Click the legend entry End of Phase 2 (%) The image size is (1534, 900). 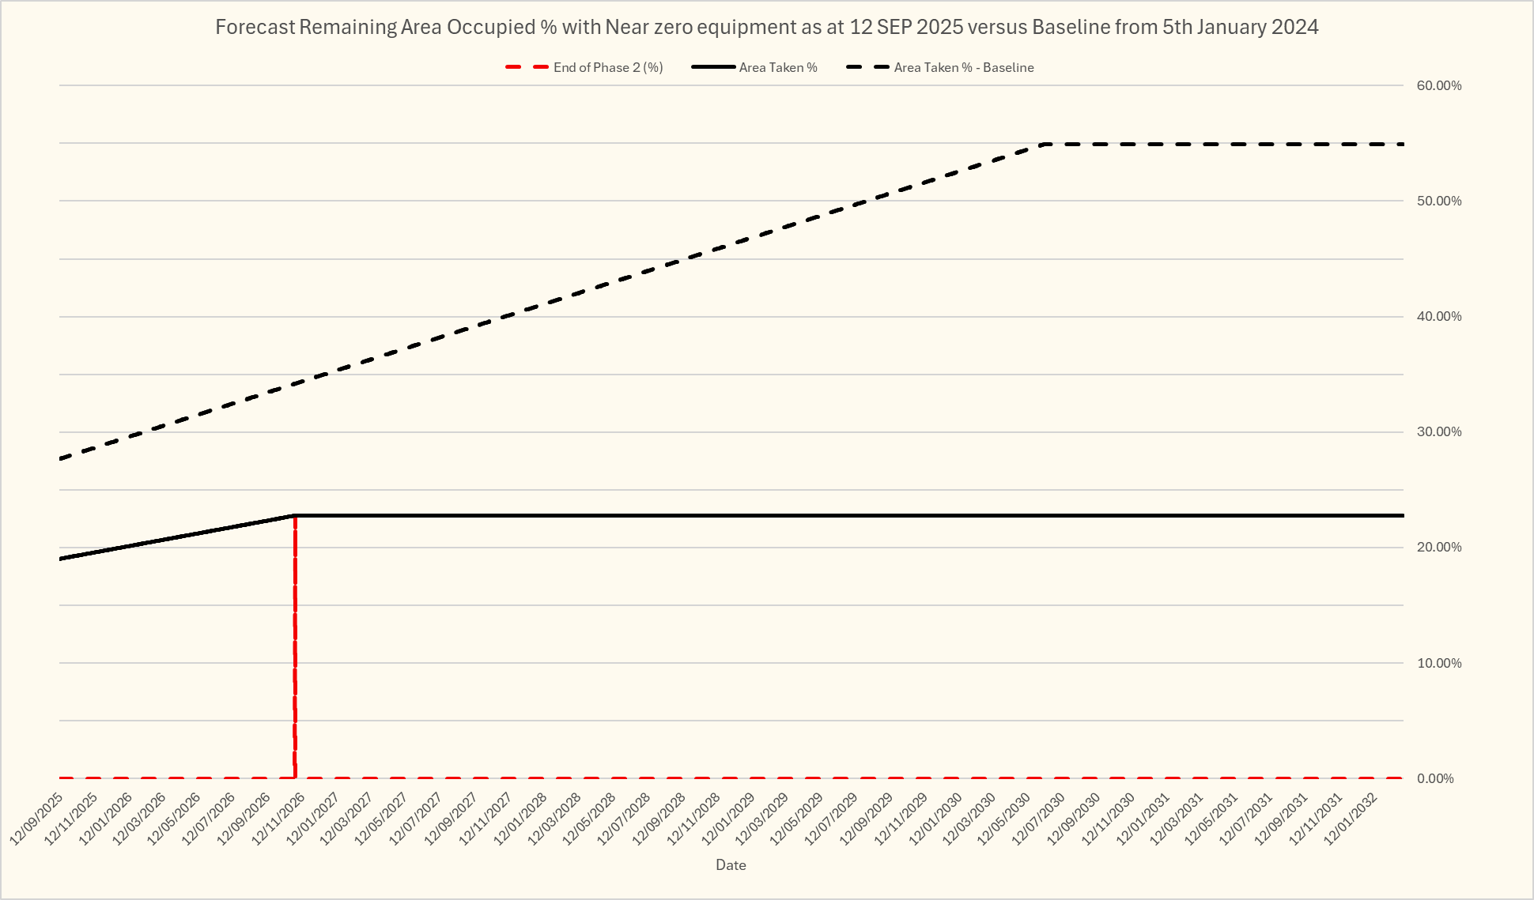click(607, 68)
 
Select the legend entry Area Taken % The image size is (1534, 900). click(777, 68)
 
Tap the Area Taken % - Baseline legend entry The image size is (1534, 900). click(963, 68)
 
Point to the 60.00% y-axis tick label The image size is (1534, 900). click(1438, 85)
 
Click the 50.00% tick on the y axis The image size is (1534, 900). click(1438, 201)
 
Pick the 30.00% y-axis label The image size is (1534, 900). click(1438, 432)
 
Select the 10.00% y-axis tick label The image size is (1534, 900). click(1438, 663)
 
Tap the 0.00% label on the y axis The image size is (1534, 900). click(1434, 778)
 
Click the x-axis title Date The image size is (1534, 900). click(731, 865)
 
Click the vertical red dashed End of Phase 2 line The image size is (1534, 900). click(295, 648)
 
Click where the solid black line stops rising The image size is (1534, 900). click(295, 516)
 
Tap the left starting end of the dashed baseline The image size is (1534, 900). click(60, 458)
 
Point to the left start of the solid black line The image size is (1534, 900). click(60, 559)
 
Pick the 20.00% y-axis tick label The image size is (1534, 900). click(1438, 548)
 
